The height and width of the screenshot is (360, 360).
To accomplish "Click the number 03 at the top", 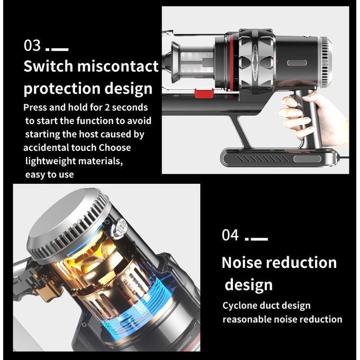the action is coord(32,45).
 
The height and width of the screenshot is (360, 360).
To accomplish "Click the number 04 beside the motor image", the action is coord(230,235).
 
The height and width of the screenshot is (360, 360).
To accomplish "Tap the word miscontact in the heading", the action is coord(118,66).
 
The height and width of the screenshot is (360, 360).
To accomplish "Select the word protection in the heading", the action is coord(62,88).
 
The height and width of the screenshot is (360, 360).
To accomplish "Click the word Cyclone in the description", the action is coord(239,306).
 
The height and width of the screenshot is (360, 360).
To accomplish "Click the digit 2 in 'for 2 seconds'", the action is coord(107,107).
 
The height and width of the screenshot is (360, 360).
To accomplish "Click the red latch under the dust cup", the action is coord(204,94).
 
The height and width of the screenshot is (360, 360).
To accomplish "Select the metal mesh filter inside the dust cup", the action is coord(197,64).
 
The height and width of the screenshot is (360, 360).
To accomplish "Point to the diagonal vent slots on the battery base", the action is coord(262,158).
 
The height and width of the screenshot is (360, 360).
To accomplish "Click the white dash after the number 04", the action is coord(259,239).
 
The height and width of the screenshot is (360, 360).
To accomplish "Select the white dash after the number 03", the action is coord(60,49).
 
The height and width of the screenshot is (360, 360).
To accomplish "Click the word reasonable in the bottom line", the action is coord(246,320).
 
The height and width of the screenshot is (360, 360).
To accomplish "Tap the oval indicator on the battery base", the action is coord(308,159).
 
